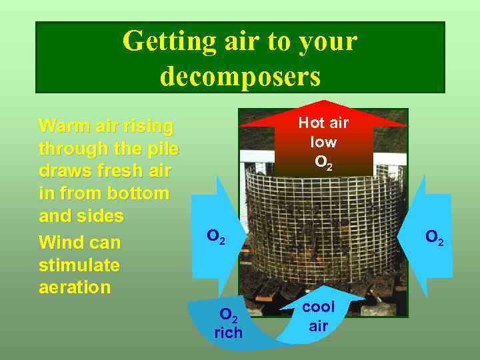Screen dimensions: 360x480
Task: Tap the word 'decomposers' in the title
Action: pyautogui.click(x=240, y=76)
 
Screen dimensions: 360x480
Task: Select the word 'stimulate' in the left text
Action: pyautogui.click(x=79, y=265)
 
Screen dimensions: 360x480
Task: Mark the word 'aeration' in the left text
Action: pyautogui.click(x=75, y=287)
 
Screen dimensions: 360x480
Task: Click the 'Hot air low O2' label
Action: pyautogui.click(x=323, y=142)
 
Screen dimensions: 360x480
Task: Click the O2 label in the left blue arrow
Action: pyautogui.click(x=216, y=236)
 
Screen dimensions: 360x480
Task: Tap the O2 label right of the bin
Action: pyautogui.click(x=435, y=237)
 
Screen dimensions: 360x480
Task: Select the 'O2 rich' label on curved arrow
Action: pyautogui.click(x=229, y=323)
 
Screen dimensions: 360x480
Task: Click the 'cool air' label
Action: pyautogui.click(x=319, y=316)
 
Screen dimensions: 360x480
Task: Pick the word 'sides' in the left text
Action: pyautogui.click(x=101, y=216)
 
